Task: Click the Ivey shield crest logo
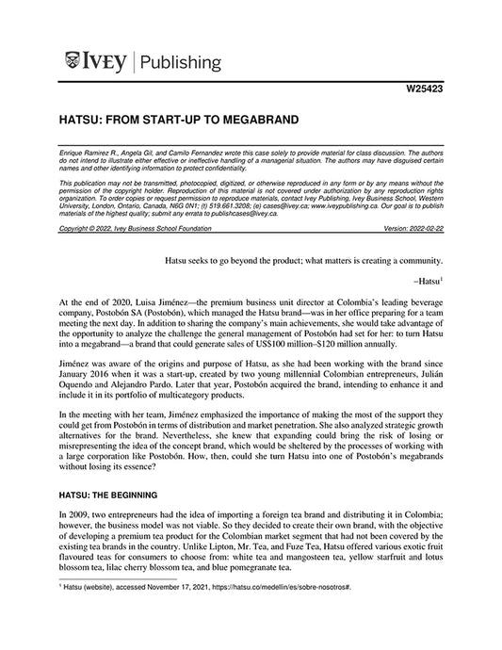coord(74,62)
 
